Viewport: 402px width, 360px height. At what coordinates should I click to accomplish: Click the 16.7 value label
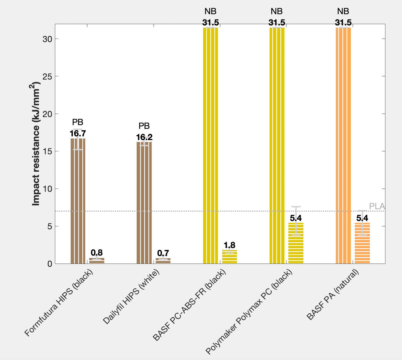[78, 133]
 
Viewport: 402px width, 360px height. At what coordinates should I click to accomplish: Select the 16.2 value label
[144, 137]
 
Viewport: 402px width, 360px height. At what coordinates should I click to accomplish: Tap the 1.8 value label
[229, 245]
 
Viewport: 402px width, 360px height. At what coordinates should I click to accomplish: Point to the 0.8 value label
[97, 253]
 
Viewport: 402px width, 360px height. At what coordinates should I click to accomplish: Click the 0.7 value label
[163, 253]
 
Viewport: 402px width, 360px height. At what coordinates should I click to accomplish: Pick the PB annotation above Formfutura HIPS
[78, 122]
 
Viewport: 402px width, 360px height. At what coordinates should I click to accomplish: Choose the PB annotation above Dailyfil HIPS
[144, 126]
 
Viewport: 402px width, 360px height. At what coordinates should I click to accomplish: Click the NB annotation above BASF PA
[343, 11]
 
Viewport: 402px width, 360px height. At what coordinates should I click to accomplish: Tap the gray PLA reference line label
[377, 206]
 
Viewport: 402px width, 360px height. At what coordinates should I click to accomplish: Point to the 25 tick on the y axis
[47, 76]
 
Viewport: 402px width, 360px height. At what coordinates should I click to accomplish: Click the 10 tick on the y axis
[47, 189]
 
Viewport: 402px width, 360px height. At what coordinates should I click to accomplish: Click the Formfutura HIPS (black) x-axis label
[59, 303]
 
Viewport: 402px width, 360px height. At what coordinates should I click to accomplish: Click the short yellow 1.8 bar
[229, 257]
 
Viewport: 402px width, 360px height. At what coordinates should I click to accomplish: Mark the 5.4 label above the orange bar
[362, 218]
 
